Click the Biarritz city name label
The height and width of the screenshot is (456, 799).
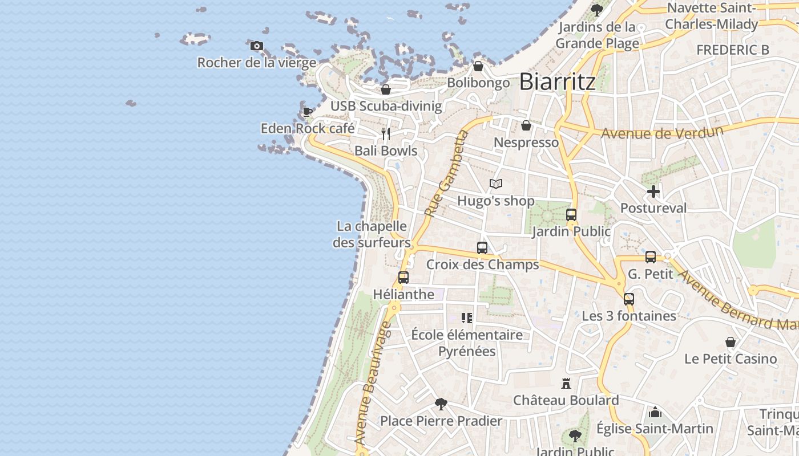tap(557, 82)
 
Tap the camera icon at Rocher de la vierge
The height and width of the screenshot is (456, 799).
tap(257, 46)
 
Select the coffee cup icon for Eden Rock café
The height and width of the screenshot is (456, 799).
tap(307, 112)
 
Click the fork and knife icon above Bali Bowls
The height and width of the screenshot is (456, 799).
tap(386, 134)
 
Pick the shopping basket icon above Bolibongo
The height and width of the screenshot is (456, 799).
tap(478, 66)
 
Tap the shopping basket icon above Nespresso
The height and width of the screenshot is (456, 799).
tap(526, 125)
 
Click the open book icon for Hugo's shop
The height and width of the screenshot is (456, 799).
tap(496, 184)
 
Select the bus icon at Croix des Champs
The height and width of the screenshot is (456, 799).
tap(482, 248)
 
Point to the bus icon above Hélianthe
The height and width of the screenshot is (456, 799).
tap(403, 278)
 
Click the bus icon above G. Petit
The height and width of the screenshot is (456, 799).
tap(651, 257)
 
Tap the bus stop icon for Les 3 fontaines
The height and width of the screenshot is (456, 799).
tap(629, 299)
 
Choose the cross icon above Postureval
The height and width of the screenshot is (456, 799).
tap(653, 192)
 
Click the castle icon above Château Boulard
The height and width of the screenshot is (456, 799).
tap(566, 383)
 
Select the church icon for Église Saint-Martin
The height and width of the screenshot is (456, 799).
tap(655, 412)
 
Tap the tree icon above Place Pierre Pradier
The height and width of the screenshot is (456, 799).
tap(441, 404)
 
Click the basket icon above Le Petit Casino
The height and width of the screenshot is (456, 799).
tap(731, 342)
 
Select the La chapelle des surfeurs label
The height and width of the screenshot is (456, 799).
tap(372, 234)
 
